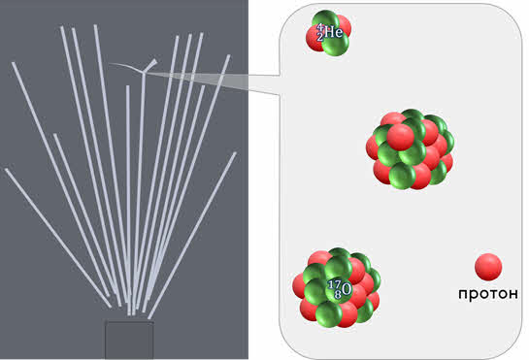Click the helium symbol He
click(x=334, y=32)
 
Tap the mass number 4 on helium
click(x=320, y=26)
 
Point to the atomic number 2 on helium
click(x=320, y=37)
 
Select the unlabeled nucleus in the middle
click(x=410, y=148)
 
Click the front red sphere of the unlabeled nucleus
click(x=401, y=137)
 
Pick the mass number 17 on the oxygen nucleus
click(x=334, y=284)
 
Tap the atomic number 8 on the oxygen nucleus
click(x=338, y=295)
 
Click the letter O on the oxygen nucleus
click(x=347, y=289)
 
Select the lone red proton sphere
click(x=488, y=267)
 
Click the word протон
click(x=488, y=294)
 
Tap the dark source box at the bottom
click(x=129, y=340)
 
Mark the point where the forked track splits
click(x=144, y=72)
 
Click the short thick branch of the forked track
click(x=150, y=65)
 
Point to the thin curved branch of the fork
click(x=125, y=65)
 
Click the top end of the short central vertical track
click(x=127, y=86)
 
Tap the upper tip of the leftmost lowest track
click(x=6, y=170)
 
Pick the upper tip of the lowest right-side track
click(x=235, y=153)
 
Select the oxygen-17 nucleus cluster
click(x=337, y=287)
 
